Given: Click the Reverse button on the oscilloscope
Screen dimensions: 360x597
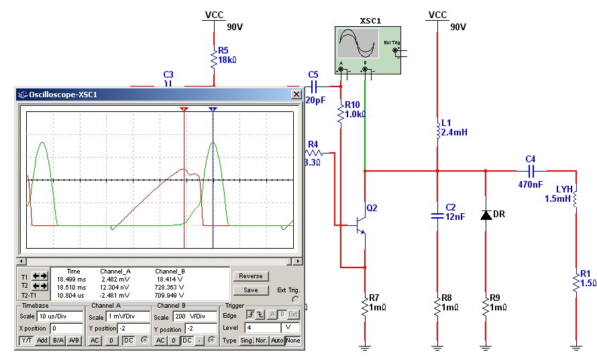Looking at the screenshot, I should (250, 276).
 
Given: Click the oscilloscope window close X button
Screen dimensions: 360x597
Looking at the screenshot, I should (296, 95).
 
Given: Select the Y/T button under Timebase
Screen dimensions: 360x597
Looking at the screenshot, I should (26, 341).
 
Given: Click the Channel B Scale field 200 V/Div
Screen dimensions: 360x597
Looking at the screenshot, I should (183, 316).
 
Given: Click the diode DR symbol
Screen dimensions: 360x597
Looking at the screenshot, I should (485, 215).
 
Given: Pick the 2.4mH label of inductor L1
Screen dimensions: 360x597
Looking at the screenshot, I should (454, 133).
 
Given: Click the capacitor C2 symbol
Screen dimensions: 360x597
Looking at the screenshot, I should (437, 215).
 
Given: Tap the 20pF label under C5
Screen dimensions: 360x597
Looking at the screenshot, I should (315, 100).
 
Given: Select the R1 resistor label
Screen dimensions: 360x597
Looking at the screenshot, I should (585, 273).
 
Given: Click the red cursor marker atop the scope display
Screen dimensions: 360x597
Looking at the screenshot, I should (184, 108).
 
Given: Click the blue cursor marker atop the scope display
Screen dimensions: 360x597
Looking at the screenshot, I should (213, 108).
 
